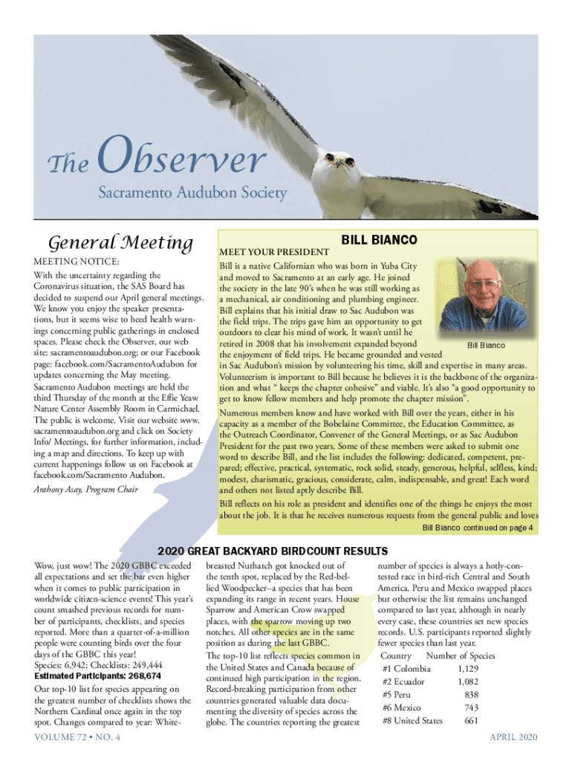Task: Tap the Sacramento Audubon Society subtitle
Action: click(x=192, y=193)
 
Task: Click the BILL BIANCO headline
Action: click(x=379, y=240)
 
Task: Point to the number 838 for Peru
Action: click(x=471, y=695)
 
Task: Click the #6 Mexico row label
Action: click(x=402, y=707)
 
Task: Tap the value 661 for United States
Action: click(x=470, y=720)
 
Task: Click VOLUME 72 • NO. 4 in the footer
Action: click(x=77, y=736)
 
